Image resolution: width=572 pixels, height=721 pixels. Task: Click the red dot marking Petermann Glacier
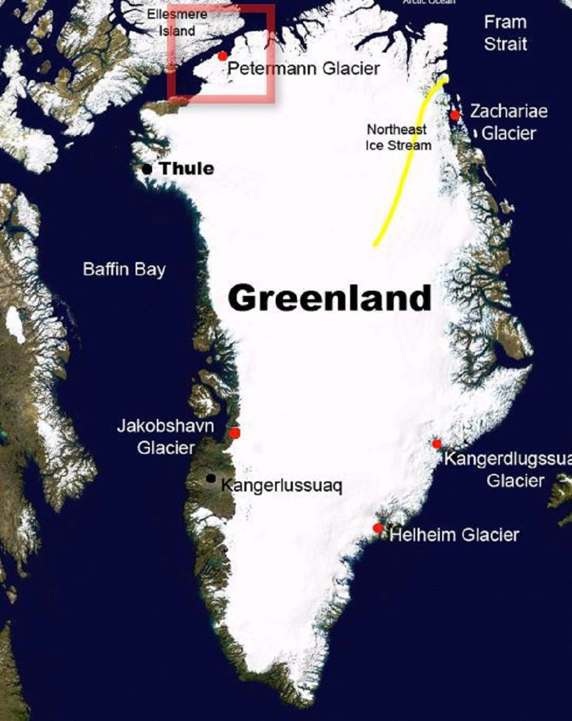(223, 56)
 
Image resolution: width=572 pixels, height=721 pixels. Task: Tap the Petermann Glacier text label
(303, 69)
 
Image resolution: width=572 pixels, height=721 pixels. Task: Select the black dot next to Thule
(147, 169)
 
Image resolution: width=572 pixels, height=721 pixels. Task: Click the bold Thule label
(186, 169)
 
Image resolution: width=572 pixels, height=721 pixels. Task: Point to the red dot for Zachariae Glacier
(455, 115)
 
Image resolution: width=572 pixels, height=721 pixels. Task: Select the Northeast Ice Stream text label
(398, 137)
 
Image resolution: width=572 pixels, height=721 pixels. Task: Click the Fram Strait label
(505, 33)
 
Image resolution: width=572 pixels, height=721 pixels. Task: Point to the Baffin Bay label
(124, 269)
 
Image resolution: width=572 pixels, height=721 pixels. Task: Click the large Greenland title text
(329, 298)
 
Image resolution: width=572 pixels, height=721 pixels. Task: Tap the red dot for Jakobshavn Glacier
(235, 433)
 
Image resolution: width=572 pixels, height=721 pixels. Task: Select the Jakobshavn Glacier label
(166, 437)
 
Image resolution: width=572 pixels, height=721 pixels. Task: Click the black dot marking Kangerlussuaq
(211, 478)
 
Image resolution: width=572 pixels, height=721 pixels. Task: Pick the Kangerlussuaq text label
(281, 486)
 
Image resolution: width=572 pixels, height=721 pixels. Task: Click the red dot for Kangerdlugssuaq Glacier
(436, 444)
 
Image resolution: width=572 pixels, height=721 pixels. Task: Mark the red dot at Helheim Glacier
(378, 528)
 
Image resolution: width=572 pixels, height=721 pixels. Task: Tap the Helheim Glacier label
(454, 535)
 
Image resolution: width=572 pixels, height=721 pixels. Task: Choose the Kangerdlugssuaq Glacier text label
(509, 469)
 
